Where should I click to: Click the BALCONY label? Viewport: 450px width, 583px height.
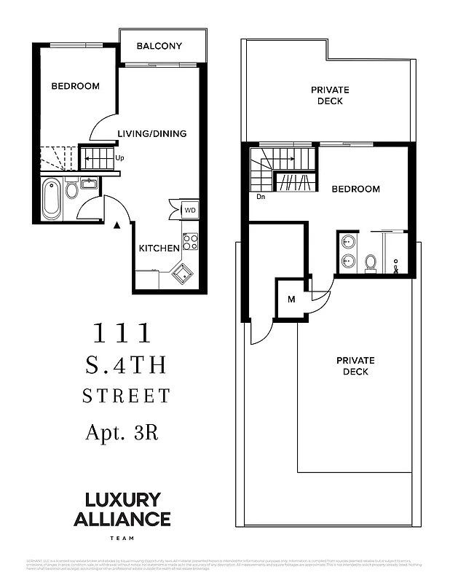click(159, 47)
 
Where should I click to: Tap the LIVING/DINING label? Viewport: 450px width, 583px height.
click(152, 133)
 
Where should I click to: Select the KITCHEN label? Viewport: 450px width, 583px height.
click(159, 248)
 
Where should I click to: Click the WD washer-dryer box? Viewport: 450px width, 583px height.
click(189, 210)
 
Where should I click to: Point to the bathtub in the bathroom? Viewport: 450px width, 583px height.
click(51, 197)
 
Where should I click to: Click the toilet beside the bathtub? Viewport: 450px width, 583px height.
click(72, 191)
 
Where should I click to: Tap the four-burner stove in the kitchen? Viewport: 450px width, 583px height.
click(190, 242)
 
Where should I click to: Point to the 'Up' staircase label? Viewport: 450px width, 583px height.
click(119, 157)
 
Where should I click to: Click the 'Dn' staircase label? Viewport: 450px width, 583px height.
click(261, 195)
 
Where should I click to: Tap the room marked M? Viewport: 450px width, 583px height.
click(291, 300)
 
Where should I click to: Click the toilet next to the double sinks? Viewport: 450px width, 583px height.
click(371, 262)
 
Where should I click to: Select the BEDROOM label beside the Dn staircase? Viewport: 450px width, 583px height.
click(355, 189)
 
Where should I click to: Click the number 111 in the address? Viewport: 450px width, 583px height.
click(122, 333)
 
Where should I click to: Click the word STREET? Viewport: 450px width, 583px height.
click(125, 396)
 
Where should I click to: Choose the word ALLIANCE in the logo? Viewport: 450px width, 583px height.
click(122, 519)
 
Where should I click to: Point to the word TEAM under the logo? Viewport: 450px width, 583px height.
click(122, 538)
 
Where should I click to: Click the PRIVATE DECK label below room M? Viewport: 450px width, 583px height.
click(355, 366)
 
